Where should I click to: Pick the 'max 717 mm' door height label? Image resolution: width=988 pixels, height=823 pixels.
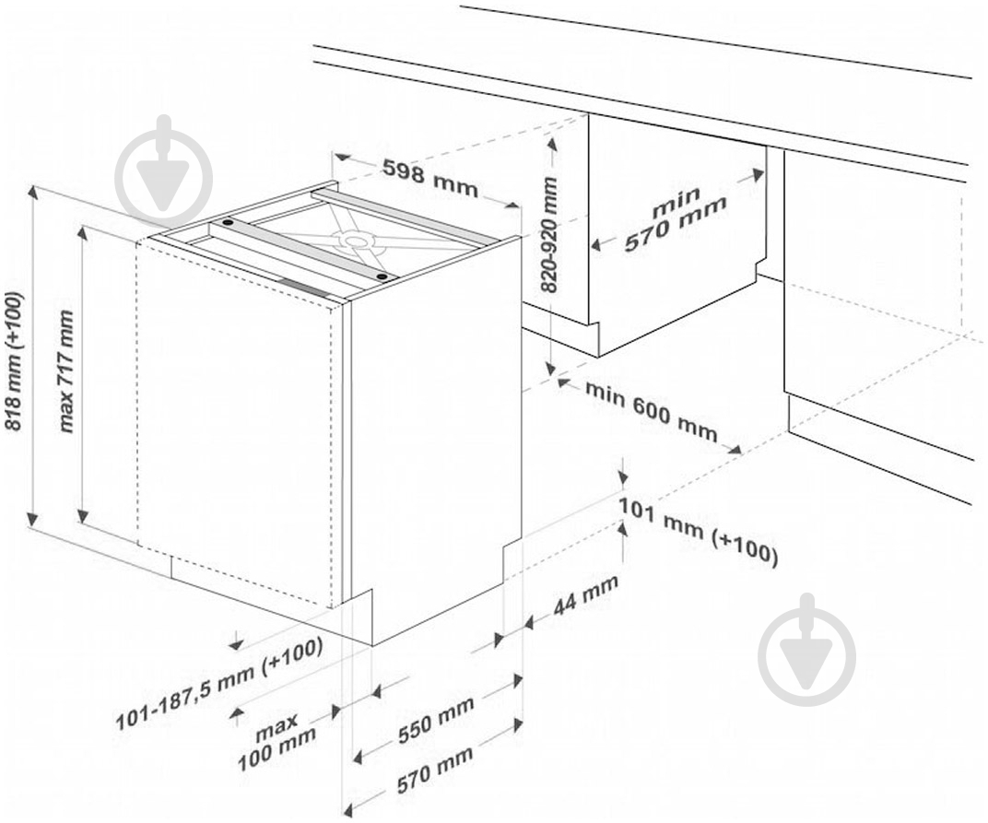65,371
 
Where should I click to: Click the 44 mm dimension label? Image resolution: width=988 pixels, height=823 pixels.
585,597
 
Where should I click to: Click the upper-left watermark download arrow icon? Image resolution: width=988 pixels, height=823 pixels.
164,170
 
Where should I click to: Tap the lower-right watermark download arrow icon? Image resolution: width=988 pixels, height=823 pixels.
807,649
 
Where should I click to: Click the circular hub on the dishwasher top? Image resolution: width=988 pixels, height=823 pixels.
356,239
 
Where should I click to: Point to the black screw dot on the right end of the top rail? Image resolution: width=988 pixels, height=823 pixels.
381,276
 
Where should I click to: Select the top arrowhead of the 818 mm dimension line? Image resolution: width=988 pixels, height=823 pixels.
33,191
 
